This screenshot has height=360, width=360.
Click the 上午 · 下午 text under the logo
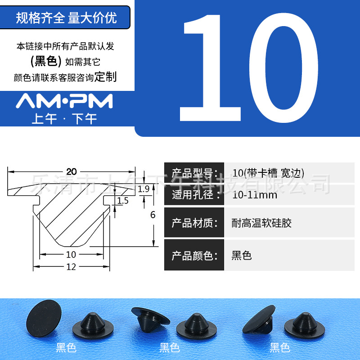pos(64,119)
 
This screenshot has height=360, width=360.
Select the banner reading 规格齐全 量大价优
pos(66,18)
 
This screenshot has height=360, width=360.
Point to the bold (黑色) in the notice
pos(46,62)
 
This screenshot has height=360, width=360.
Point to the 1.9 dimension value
pos(144,189)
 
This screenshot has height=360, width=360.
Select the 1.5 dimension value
pos(123,201)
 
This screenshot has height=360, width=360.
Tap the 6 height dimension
pos(153,215)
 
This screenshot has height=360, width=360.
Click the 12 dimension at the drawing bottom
pos(71,267)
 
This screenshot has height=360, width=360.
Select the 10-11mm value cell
pos(255,195)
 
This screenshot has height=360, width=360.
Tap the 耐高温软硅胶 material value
pos(261,223)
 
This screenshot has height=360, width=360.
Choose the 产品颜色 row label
pos(194,256)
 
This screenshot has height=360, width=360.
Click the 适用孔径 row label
pos(194,195)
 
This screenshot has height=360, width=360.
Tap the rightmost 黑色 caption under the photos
pos(279,348)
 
